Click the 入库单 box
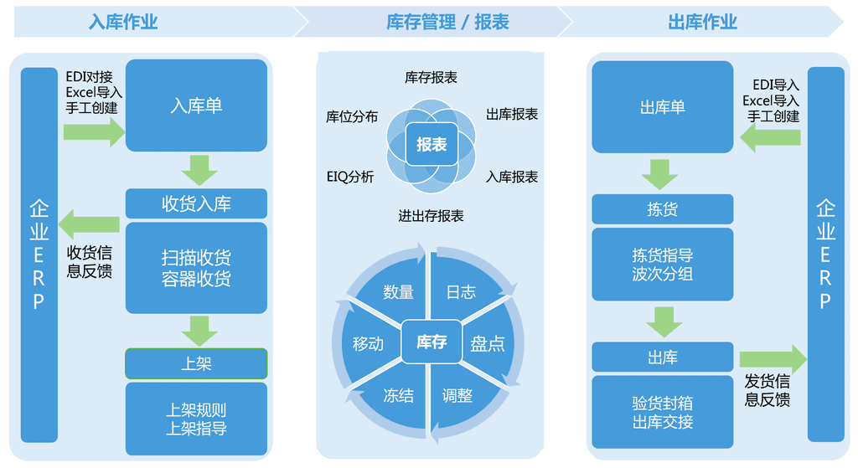[x=196, y=105]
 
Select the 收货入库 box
[x=196, y=203]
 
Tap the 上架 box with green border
[x=196, y=363]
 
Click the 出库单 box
[x=662, y=106]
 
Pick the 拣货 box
[x=662, y=209]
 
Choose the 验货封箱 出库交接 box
[x=662, y=412]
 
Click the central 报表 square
[x=432, y=145]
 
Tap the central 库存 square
[x=432, y=342]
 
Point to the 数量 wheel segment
[x=398, y=291]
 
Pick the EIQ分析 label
[x=350, y=177]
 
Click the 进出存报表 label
[x=431, y=216]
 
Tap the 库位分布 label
[x=351, y=116]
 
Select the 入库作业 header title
[x=123, y=23]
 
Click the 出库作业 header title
[x=702, y=23]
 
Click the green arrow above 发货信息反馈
[x=772, y=359]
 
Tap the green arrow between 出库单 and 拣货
[x=660, y=174]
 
